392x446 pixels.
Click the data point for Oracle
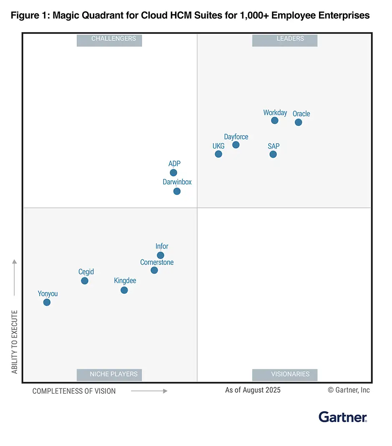[298, 122]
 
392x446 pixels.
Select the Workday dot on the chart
[274, 121]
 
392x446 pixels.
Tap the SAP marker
[273, 154]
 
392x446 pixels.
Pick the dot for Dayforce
[236, 145]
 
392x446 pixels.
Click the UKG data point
[219, 154]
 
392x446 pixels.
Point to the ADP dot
[173, 173]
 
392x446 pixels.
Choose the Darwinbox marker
[177, 192]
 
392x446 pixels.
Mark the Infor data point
[161, 255]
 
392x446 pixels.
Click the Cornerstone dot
[154, 270]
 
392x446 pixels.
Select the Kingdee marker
[124, 290]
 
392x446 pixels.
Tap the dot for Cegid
[85, 281]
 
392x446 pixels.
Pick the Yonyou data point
[47, 302]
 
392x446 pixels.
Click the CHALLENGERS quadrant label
[109, 40]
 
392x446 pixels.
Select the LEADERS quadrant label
[285, 40]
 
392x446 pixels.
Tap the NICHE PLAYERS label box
[109, 375]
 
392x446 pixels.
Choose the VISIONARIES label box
[285, 375]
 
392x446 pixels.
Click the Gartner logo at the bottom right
[343, 416]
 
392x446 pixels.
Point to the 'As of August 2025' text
[253, 390]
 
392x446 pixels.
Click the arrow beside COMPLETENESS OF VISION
[149, 391]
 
